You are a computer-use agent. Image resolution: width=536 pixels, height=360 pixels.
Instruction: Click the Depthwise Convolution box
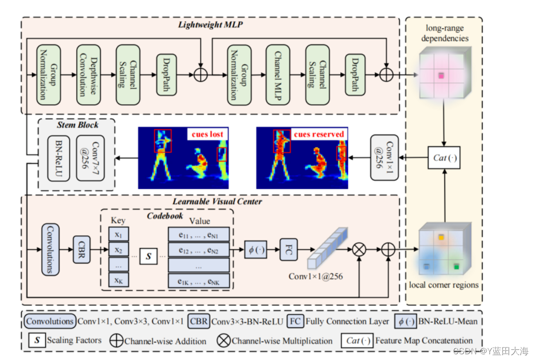click(89, 75)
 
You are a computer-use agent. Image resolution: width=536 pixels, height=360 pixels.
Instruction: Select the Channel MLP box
click(278, 75)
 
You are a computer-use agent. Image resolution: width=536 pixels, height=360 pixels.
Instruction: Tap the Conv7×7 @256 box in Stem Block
click(90, 158)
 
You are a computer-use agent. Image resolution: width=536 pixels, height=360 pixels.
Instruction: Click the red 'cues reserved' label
click(319, 134)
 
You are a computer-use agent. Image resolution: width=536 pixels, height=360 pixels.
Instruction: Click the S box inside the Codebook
click(149, 256)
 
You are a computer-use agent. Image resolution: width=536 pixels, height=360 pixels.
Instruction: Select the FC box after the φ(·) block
click(289, 250)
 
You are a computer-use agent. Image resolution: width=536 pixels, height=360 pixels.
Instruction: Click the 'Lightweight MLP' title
click(211, 24)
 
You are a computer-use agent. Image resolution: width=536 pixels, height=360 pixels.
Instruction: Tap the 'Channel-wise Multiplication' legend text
click(282, 341)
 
